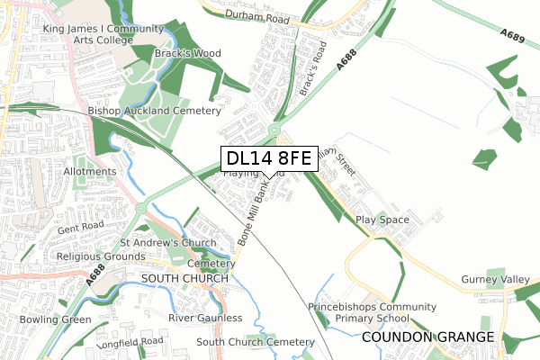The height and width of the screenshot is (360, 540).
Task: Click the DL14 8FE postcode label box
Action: click(268, 158)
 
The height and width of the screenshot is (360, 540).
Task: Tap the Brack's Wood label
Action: click(187, 54)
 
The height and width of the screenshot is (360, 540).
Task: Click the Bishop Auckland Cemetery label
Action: click(154, 111)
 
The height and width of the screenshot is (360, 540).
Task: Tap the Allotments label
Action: click(90, 172)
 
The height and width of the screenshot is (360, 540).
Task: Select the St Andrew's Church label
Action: click(168, 243)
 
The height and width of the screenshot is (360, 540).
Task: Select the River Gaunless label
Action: click(205, 318)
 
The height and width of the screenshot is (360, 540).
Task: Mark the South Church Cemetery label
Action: click(256, 342)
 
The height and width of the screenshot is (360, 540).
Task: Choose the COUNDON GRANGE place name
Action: click(429, 337)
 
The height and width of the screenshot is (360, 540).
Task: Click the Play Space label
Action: click(382, 220)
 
